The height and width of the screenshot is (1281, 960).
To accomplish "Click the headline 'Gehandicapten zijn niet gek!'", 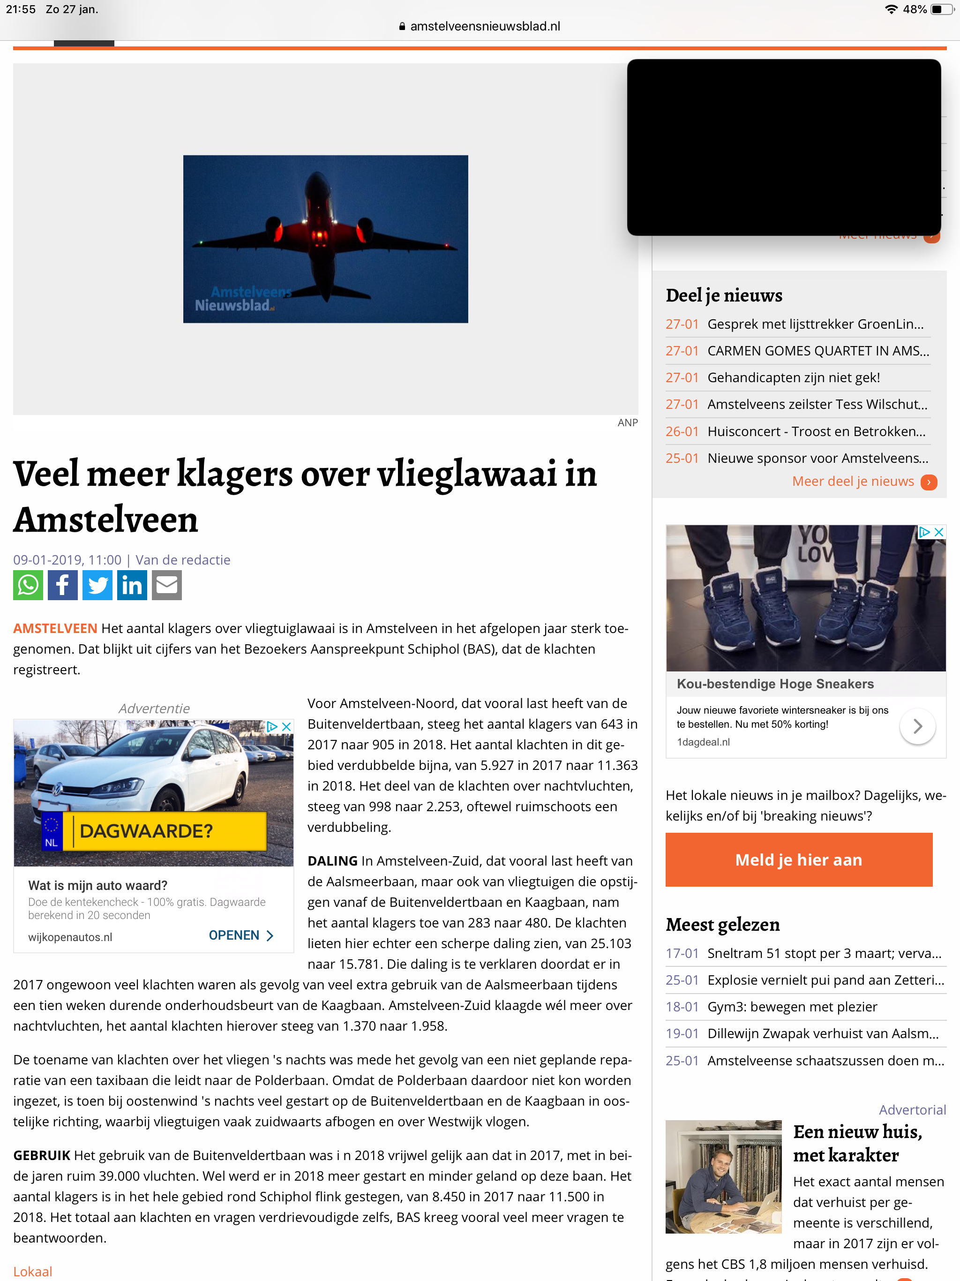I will coord(793,377).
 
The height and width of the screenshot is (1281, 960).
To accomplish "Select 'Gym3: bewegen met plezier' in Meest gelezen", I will coord(792,1007).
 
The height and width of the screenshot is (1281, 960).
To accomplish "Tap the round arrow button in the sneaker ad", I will coord(917,726).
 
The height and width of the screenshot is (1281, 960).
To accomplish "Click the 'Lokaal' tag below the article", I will coord(33,1271).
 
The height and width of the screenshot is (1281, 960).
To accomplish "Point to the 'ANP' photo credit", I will coord(627,423).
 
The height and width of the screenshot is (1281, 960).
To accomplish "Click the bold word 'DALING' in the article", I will coord(332,861).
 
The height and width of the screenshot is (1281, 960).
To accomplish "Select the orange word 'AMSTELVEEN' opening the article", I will coord(55,628).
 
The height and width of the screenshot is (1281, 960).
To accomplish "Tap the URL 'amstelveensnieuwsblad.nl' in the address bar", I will coord(485,26).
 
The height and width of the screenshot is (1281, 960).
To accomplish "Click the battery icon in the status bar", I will coord(941,9).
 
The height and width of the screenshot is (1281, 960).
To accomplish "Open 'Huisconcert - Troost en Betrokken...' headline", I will coord(816,431).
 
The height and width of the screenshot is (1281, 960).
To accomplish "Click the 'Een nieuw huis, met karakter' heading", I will coord(857,1143).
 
